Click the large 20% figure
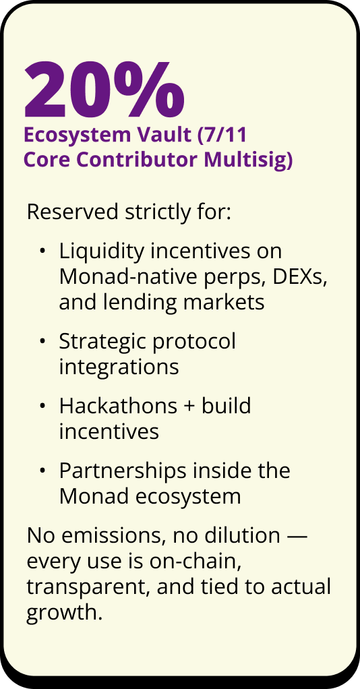104,88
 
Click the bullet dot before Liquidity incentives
42,251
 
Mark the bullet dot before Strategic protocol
42,342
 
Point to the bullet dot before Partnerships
42,471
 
